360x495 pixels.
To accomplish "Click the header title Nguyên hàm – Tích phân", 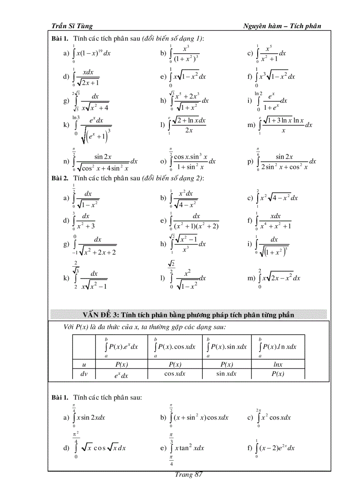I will pyautogui.click(x=282, y=26).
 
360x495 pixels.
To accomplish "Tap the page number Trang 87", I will pyautogui.click(x=188, y=474).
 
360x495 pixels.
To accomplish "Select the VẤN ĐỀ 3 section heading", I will pyautogui.click(x=188, y=315).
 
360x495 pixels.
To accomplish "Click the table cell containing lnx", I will pyautogui.click(x=277, y=364).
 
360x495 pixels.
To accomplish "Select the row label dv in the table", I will pyautogui.click(x=84, y=374).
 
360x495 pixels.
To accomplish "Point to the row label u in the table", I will pyautogui.click(x=84, y=364).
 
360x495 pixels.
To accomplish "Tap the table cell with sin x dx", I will pyautogui.click(x=226, y=374).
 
